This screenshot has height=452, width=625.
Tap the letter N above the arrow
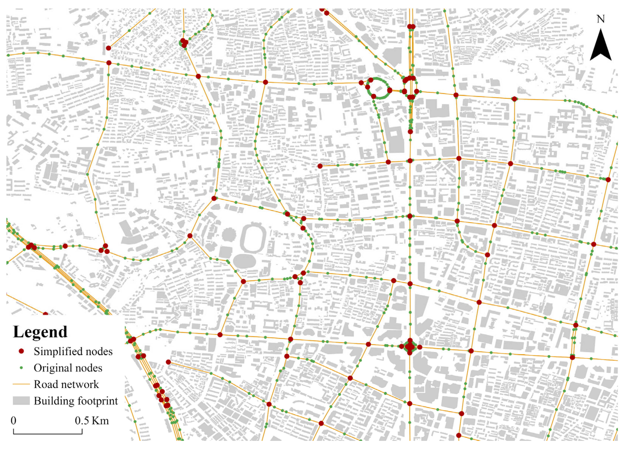(x=601, y=19)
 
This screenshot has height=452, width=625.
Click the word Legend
(x=40, y=332)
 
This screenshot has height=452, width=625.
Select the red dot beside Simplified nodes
(x=22, y=351)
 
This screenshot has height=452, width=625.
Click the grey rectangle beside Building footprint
(x=21, y=401)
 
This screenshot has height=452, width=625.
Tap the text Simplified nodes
(x=73, y=351)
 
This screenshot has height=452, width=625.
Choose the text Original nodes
(x=68, y=368)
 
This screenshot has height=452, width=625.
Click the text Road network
(x=66, y=384)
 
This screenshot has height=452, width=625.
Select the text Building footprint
(x=76, y=401)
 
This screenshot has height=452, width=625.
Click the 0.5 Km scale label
(x=92, y=421)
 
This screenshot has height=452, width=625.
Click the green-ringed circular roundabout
(x=379, y=88)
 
